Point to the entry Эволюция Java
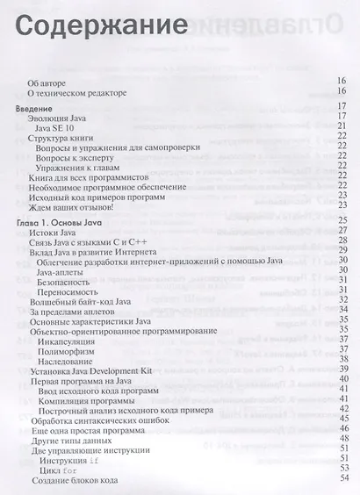[61, 117]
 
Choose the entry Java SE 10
[55, 127]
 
